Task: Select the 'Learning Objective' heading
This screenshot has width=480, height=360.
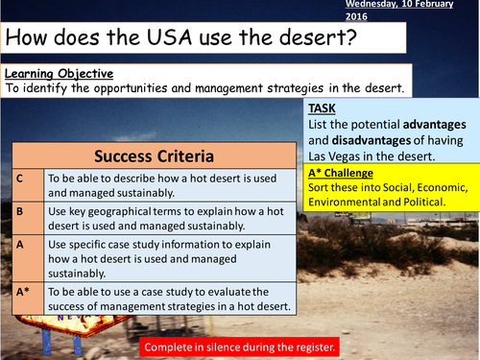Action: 59,74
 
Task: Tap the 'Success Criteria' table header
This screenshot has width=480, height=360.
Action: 156,156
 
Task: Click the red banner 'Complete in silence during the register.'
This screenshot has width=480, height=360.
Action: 239,345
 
